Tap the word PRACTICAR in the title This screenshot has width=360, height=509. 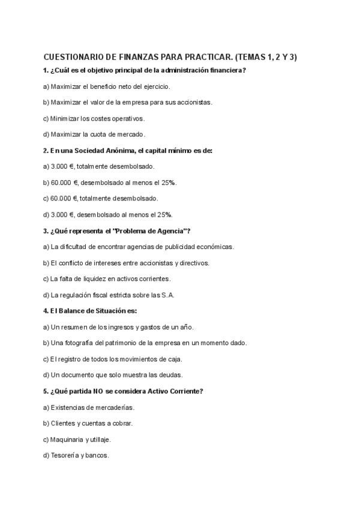tap(202, 58)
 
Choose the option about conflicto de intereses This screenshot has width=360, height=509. tap(126, 263)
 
